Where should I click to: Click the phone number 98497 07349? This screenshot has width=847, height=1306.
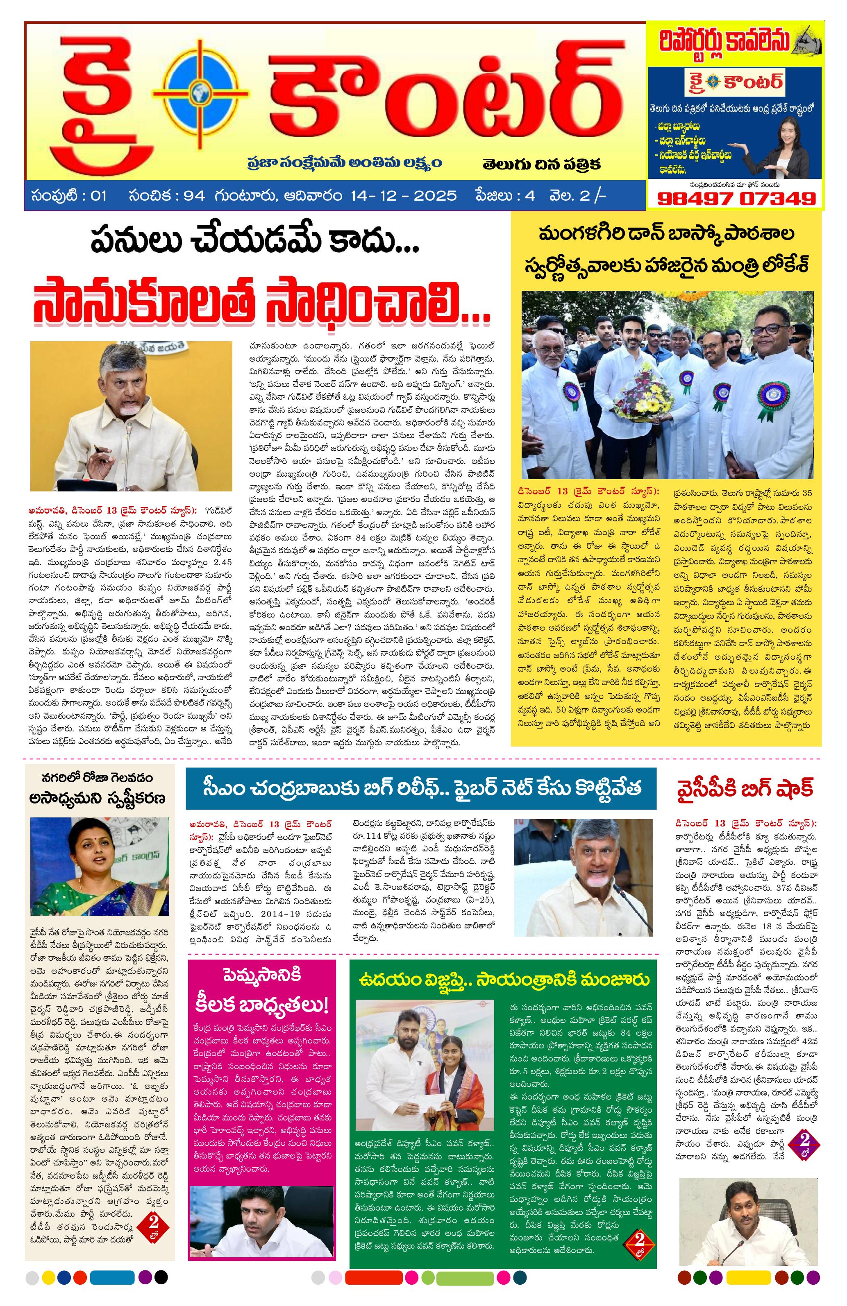coord(736,197)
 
